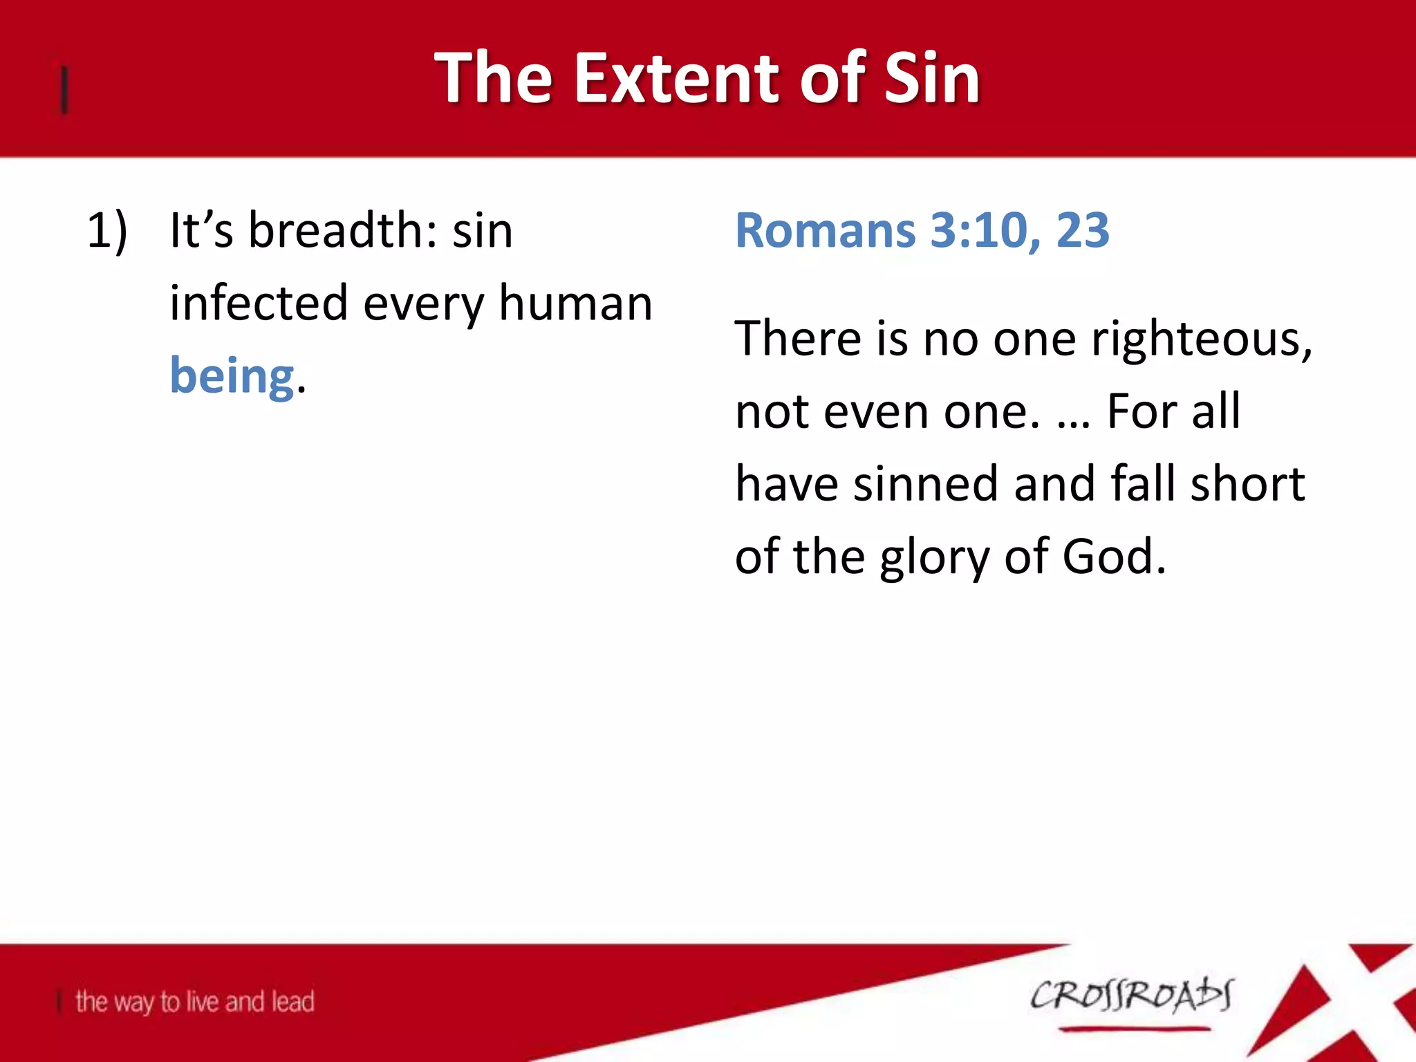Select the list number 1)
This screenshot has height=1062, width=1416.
click(107, 231)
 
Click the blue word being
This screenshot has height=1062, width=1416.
click(232, 377)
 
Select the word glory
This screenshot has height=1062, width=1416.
click(935, 557)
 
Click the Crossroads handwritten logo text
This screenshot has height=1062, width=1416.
click(1131, 996)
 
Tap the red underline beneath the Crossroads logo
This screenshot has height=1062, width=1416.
click(1134, 1030)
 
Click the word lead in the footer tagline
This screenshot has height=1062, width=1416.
click(292, 1001)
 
